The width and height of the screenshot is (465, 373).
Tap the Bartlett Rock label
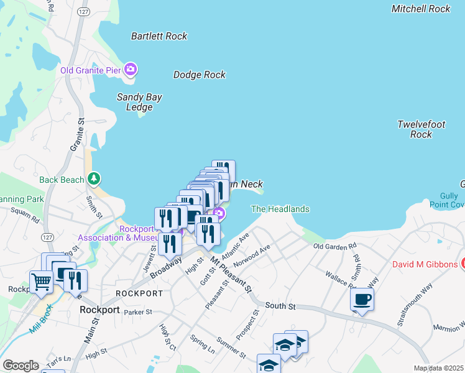point(159,36)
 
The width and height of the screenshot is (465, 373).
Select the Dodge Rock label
point(199,75)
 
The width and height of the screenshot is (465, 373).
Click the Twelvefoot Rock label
point(421,129)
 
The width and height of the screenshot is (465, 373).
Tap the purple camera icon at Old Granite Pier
point(131,69)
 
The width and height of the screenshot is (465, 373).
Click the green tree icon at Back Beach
point(94,180)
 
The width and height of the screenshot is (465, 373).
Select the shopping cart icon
point(42,282)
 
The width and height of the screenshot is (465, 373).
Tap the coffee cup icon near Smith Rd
point(361,300)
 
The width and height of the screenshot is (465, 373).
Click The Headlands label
point(280,210)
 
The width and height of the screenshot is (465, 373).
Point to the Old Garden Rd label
point(334,247)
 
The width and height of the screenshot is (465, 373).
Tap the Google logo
point(20,366)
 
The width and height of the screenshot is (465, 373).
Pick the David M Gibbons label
point(424,264)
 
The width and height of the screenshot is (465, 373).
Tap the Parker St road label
point(137,312)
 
